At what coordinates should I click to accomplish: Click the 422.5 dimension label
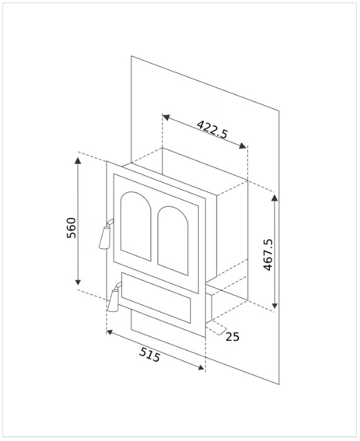click(x=212, y=129)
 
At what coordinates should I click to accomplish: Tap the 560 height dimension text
click(x=71, y=228)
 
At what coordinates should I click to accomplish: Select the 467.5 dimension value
click(x=268, y=255)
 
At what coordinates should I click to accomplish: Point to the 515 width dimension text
click(x=150, y=355)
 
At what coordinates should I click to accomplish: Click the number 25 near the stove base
click(x=232, y=336)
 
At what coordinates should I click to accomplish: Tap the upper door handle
click(x=106, y=235)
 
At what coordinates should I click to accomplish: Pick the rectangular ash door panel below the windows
click(x=156, y=297)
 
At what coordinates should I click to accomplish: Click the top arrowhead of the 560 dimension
click(x=78, y=160)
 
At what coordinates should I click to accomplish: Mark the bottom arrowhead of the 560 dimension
click(x=78, y=282)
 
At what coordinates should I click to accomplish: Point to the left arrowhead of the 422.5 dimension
click(x=166, y=117)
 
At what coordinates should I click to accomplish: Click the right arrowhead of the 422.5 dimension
click(x=243, y=146)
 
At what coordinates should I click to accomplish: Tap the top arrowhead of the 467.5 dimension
click(x=275, y=197)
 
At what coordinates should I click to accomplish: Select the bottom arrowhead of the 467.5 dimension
click(x=275, y=305)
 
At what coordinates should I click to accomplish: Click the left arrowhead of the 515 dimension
click(x=110, y=333)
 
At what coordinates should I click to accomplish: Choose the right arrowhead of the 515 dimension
click(x=201, y=367)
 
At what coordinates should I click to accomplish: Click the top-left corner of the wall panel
click(x=132, y=55)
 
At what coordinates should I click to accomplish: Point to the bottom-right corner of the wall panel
click(x=279, y=384)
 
